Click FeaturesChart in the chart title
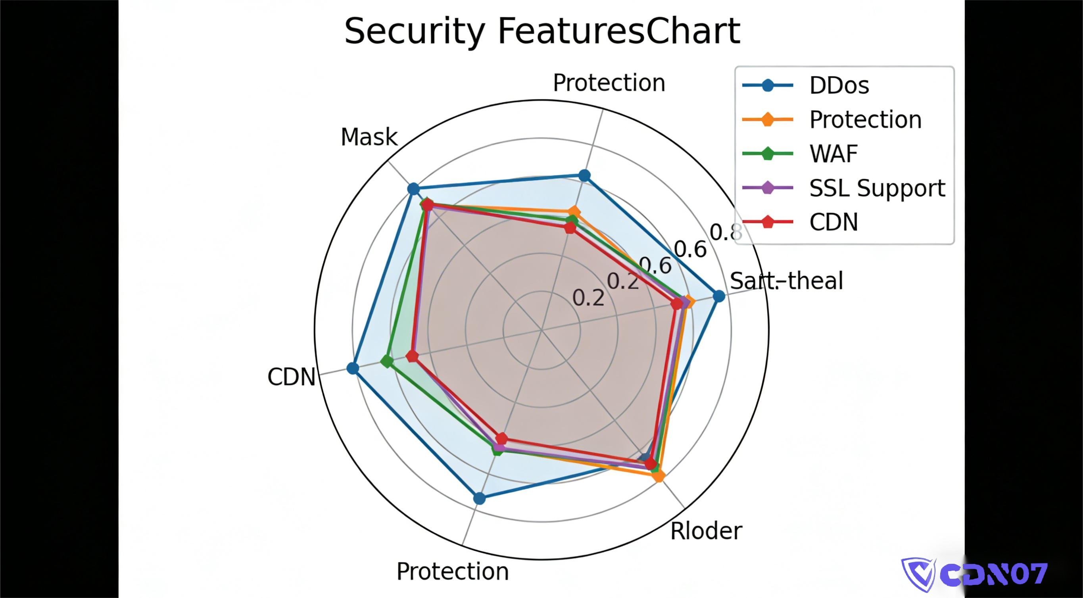(619, 31)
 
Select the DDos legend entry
(839, 85)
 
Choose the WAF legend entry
(833, 154)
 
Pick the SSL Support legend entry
(877, 188)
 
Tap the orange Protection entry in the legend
(865, 120)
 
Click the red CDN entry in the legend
(833, 222)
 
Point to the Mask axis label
(369, 137)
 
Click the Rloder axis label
(706, 531)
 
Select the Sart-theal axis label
(786, 281)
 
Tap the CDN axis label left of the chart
(291, 377)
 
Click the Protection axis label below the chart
(452, 571)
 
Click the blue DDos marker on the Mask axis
(414, 189)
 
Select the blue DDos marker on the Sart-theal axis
(719, 296)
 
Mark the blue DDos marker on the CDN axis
(353, 369)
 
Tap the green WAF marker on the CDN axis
(387, 361)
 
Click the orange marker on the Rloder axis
(660, 476)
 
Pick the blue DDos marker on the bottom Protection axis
(479, 498)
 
